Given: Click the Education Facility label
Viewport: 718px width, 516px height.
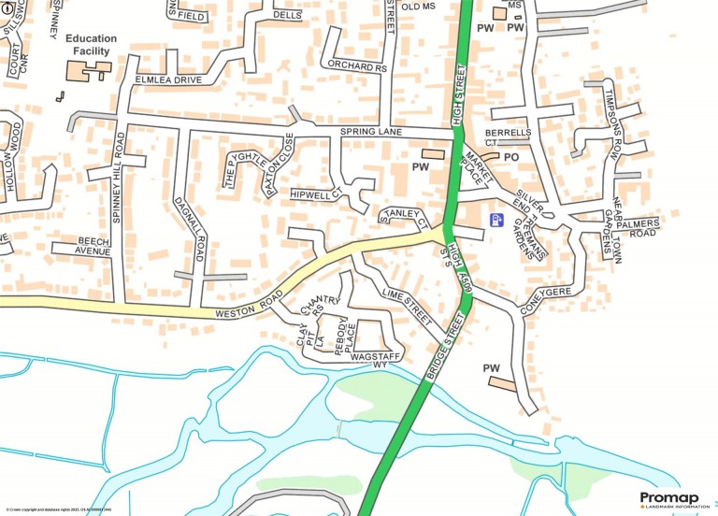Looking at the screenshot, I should pyautogui.click(x=92, y=45).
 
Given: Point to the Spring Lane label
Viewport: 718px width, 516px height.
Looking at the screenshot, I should pyautogui.click(x=370, y=133).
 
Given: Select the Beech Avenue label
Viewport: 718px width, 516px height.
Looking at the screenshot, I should pyautogui.click(x=80, y=246).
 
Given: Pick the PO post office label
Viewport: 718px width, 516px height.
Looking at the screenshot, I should pyautogui.click(x=510, y=157).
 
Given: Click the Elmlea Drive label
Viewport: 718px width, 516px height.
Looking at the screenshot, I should pyautogui.click(x=168, y=80).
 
